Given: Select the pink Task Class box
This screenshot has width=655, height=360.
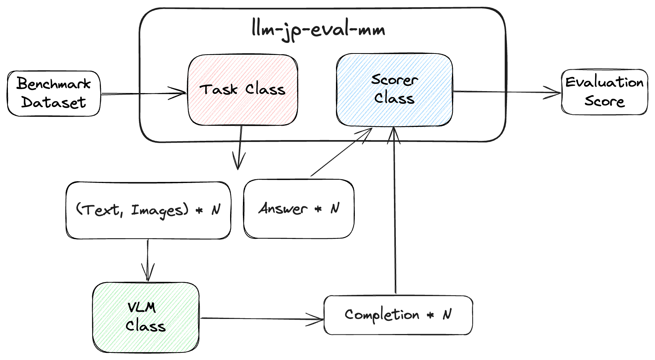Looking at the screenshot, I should pos(243,90).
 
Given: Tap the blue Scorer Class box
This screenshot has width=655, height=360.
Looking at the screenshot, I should pos(394,90).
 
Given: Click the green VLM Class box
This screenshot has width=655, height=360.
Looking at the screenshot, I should pos(146,317).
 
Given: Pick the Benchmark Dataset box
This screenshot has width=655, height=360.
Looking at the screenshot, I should pos(54,93).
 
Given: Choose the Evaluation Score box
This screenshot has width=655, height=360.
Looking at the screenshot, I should pos(604,92).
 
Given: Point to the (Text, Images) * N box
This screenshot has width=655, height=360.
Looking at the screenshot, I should pos(148,210).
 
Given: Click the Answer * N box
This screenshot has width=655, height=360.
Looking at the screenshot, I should pos(299,209).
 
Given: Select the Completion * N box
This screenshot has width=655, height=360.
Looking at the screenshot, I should pos(398,315).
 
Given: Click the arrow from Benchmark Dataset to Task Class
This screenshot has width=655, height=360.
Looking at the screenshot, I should pos(143,93).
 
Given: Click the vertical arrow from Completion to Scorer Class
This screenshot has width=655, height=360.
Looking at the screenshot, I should pos(395,211).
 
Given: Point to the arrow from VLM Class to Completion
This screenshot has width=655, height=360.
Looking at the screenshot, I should pos(260,319).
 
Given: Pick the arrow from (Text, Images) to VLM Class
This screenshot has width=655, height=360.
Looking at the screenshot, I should pos(148,260).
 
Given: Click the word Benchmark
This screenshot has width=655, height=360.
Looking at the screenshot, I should pos(53,84).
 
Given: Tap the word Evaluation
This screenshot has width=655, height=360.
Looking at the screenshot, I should pos(604,82).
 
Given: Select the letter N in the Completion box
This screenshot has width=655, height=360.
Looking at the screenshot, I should pos(447,314).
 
